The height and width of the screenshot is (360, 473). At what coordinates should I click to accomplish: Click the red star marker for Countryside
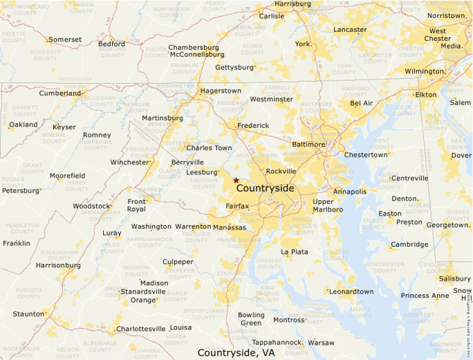tap(236, 180)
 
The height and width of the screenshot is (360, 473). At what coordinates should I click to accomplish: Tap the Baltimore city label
tap(308, 144)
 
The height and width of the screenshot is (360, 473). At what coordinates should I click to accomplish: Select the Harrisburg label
tap(293, 3)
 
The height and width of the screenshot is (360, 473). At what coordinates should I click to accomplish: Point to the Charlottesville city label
tap(141, 329)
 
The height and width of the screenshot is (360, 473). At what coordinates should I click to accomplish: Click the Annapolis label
tap(349, 191)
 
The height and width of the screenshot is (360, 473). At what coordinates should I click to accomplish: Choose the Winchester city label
tap(130, 163)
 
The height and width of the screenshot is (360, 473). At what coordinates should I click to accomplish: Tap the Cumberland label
tap(60, 93)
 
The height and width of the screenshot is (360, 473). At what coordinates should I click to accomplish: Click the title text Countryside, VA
tap(236, 352)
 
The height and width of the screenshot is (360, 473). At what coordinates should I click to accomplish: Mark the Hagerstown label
tap(221, 91)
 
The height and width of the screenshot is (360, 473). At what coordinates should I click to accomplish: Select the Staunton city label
tap(28, 314)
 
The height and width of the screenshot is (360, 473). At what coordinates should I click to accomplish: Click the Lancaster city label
tap(350, 30)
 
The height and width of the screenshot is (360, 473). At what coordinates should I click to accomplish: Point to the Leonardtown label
tap(351, 292)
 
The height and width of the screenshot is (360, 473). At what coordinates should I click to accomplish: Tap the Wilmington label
tap(425, 71)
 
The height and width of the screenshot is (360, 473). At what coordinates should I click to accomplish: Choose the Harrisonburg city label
tap(58, 265)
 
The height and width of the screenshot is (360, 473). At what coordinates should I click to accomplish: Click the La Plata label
tap(295, 252)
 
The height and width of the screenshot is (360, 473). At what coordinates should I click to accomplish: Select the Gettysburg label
tap(234, 68)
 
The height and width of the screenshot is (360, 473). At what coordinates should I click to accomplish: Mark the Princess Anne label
tap(425, 296)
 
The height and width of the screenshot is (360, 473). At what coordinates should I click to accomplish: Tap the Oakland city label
tap(23, 124)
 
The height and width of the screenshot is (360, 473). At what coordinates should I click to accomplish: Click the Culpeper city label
tap(178, 262)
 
